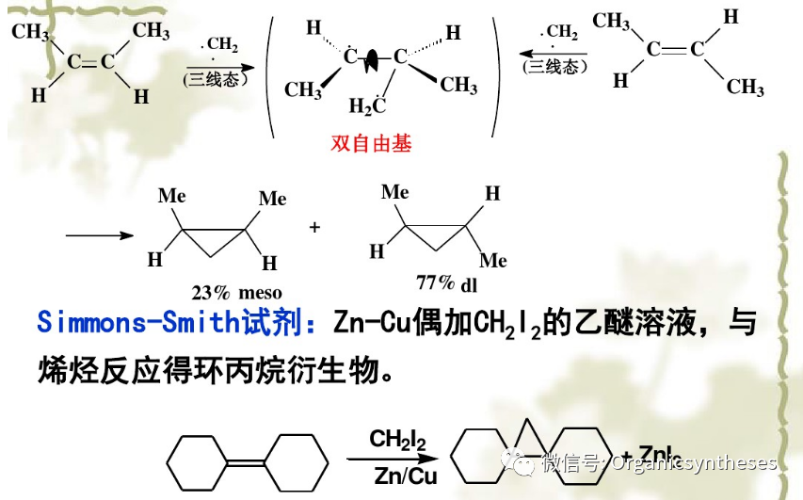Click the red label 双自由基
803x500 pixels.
pyautogui.click(x=372, y=144)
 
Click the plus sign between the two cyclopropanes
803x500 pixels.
pyautogui.click(x=314, y=227)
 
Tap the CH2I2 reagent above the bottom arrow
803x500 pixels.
pyautogui.click(x=397, y=440)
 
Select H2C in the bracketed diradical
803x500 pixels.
pyautogui.click(x=367, y=105)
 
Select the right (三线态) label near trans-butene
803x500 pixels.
pyautogui.click(x=554, y=67)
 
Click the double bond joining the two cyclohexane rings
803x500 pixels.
pyautogui.click(x=248, y=462)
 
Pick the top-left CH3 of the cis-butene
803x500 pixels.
pyautogui.click(x=31, y=32)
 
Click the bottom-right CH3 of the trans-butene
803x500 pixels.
pyautogui.click(x=745, y=88)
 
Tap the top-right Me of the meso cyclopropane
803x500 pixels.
pyautogui.click(x=272, y=199)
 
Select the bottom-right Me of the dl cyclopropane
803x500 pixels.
pyautogui.click(x=492, y=259)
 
